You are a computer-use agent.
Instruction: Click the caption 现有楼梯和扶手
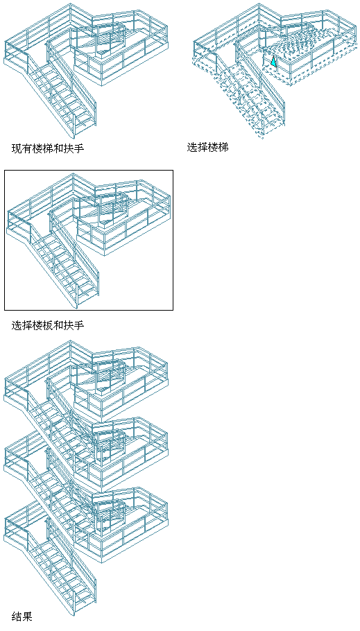tap(48, 148)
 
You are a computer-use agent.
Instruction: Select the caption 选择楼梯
tap(208, 147)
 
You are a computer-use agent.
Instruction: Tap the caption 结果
tap(22, 616)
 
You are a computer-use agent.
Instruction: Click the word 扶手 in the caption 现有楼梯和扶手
tap(74, 148)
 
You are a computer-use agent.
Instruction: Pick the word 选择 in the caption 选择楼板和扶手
tap(22, 325)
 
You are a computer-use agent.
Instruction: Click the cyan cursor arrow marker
tap(273, 61)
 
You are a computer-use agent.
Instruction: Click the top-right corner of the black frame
tap(173, 170)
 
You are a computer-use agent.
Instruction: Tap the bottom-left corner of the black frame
tap(4, 310)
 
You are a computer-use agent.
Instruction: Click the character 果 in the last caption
tap(27, 616)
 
